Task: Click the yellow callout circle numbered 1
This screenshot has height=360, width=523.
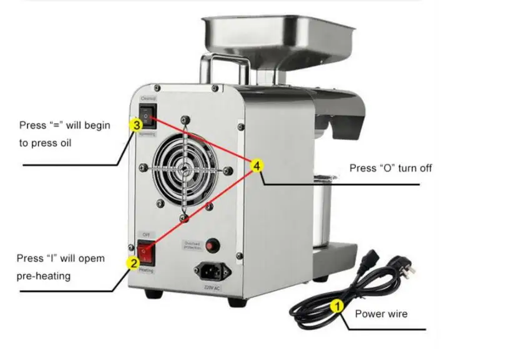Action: click(x=336, y=306)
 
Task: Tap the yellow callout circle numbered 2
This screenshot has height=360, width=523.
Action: click(x=133, y=263)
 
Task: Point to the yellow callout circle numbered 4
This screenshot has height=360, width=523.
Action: click(x=257, y=165)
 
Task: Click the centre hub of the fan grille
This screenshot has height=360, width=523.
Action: click(x=185, y=168)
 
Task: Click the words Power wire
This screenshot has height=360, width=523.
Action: click(x=381, y=314)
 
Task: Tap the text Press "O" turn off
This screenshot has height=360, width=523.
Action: click(x=390, y=168)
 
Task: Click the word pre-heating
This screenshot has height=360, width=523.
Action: click(x=43, y=275)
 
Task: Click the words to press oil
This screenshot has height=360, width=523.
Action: click(x=45, y=143)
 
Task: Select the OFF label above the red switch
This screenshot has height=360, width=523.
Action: click(x=146, y=234)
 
